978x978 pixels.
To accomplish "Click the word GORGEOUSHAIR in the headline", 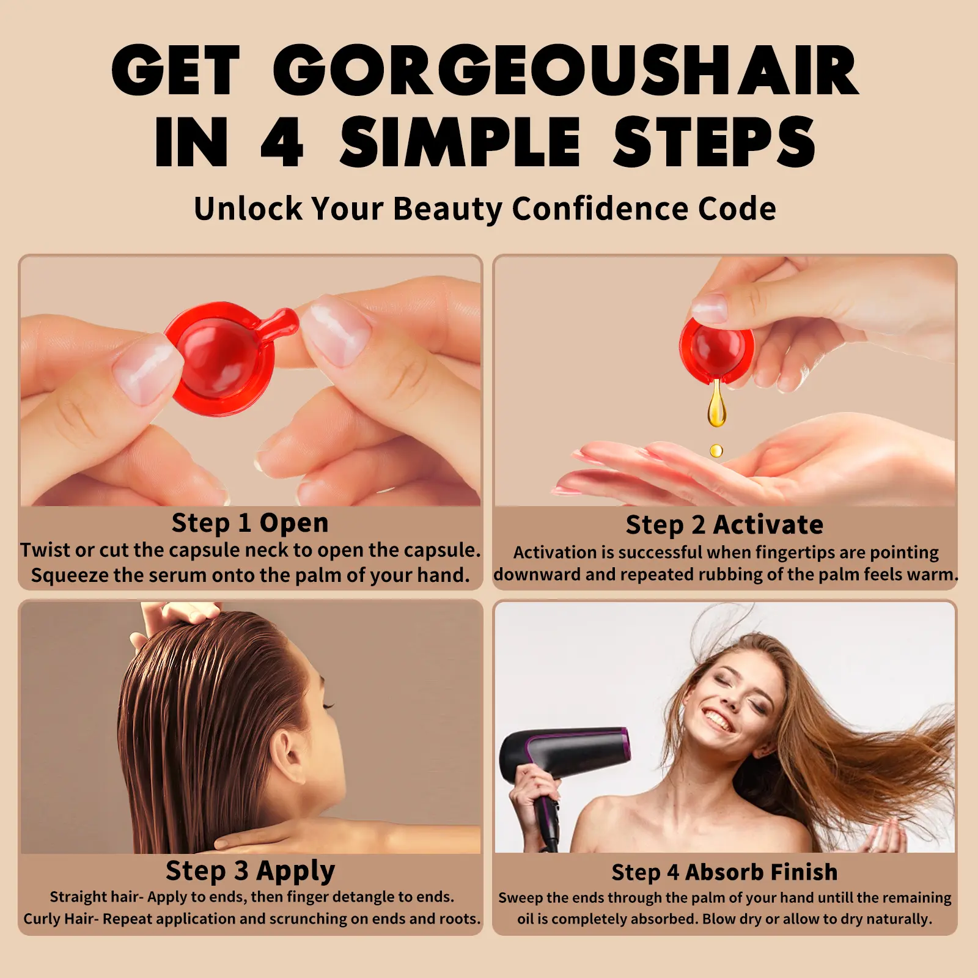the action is [566, 70].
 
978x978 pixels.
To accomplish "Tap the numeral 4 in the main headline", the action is [282, 142].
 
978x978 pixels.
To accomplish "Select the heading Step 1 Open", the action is [250, 523].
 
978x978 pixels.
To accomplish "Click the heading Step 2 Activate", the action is [724, 524].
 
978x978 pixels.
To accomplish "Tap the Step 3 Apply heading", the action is [250, 870].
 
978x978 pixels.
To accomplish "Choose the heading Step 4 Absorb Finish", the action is [724, 872].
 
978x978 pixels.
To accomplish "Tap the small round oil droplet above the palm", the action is [716, 451].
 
